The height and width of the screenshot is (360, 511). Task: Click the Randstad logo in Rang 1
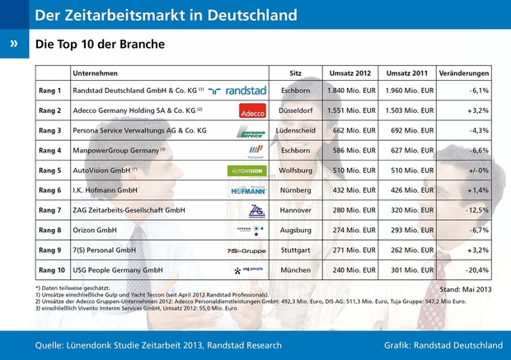(x=239, y=91)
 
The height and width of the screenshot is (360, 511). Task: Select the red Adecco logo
(x=251, y=110)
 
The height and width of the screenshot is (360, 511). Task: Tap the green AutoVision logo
(x=246, y=171)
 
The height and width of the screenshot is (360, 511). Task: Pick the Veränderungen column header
(x=464, y=72)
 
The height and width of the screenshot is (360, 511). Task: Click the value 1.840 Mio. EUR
(x=354, y=91)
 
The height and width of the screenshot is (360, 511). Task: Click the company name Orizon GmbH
(x=99, y=231)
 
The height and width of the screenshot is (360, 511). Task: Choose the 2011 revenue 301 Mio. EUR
(x=409, y=269)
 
